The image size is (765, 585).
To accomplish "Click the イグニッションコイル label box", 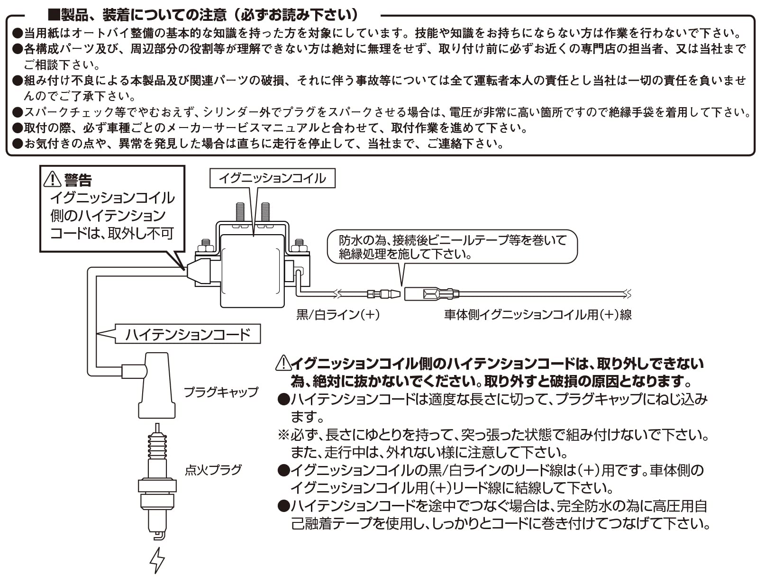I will pyautogui.click(x=273, y=178).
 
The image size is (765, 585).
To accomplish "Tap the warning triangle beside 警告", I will pyautogui.click(x=52, y=179).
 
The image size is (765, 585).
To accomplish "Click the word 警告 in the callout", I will pyautogui.click(x=78, y=180).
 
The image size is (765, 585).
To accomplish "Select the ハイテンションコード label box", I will pyautogui.click(x=187, y=334).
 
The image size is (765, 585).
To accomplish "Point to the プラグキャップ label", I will pyautogui.click(x=221, y=392).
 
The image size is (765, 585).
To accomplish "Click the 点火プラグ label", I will pyautogui.click(x=213, y=470).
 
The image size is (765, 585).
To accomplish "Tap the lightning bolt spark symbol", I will pyautogui.click(x=157, y=560).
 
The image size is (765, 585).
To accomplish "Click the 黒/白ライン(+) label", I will pyautogui.click(x=338, y=314).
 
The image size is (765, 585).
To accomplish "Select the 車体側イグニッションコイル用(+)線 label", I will pyautogui.click(x=538, y=314).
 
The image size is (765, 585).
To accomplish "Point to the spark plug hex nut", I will pyautogui.click(x=157, y=486).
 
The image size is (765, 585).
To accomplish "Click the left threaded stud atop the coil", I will pyautogui.click(x=239, y=212).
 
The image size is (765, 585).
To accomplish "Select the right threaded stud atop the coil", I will pyautogui.click(x=265, y=212).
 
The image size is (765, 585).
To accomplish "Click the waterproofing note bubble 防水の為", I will pyautogui.click(x=453, y=247).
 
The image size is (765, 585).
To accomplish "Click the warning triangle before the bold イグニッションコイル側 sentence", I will pyautogui.click(x=283, y=363).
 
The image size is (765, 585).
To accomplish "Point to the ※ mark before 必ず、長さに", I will pyautogui.click(x=283, y=434).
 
